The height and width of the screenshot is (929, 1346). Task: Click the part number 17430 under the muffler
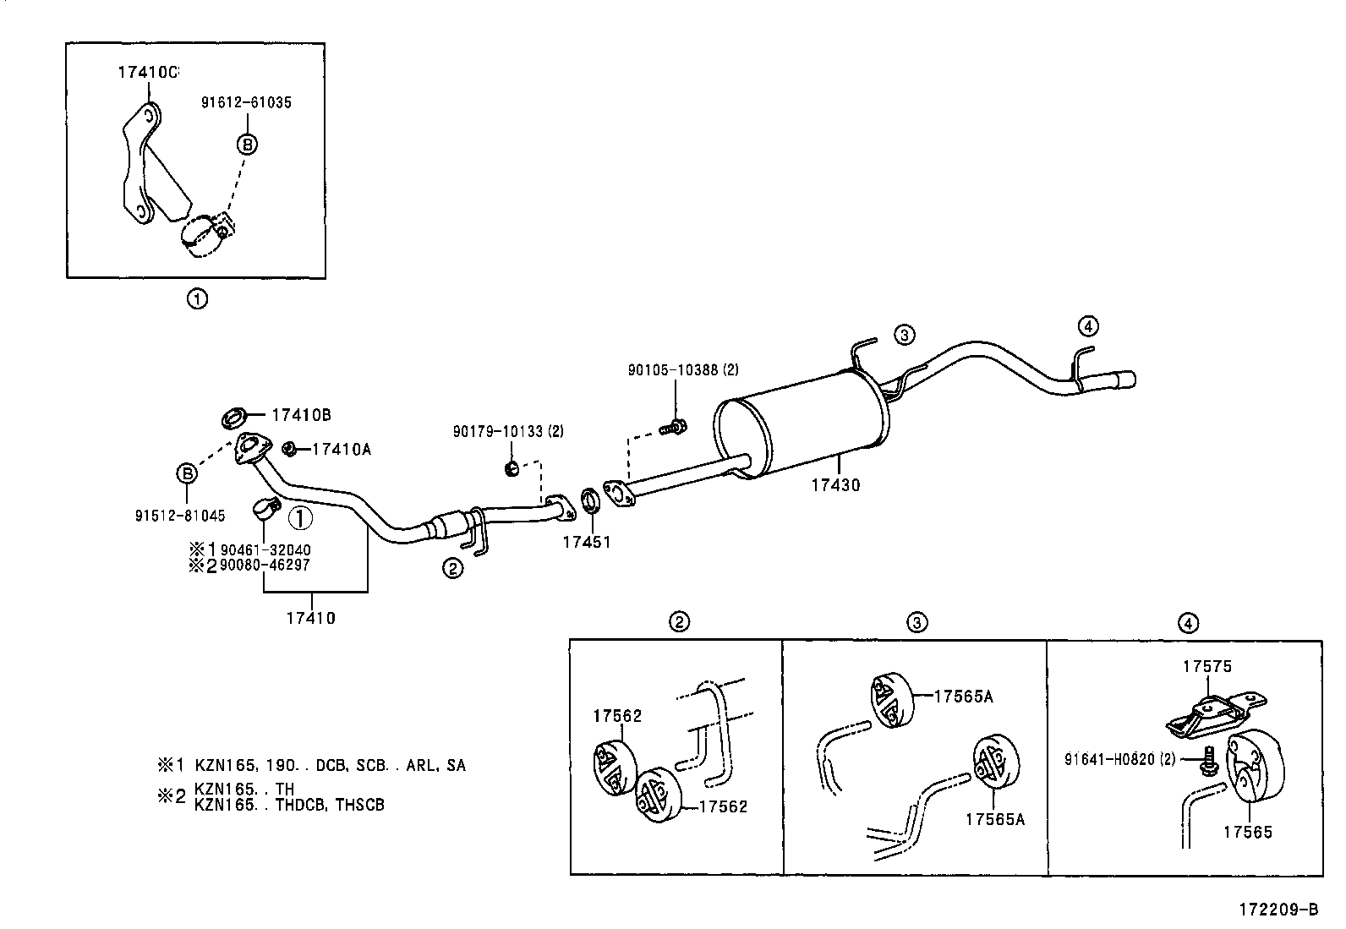pos(834,485)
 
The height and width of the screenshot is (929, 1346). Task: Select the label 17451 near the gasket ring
pos(586,542)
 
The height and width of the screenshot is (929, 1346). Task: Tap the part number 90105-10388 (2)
pos(682,369)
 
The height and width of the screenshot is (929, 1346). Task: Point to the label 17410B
pos(300,415)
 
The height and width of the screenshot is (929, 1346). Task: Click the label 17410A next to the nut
pos(341,449)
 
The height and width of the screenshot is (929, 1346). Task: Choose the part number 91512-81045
pos(180,515)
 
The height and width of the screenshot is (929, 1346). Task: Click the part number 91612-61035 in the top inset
pos(246,102)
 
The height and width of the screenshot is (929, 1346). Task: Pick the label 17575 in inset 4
pos(1206,667)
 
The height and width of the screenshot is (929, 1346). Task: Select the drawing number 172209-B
pos(1278,910)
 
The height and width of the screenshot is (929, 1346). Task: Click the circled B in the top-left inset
pos(247,145)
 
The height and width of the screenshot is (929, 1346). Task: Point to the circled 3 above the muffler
pos(904,335)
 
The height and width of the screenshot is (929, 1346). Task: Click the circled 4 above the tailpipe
pos(1088,326)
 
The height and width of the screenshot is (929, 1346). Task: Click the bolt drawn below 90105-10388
pos(674,428)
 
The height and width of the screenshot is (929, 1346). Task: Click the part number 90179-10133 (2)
pos(507,432)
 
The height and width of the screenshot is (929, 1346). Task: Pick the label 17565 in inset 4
pos(1247,832)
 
